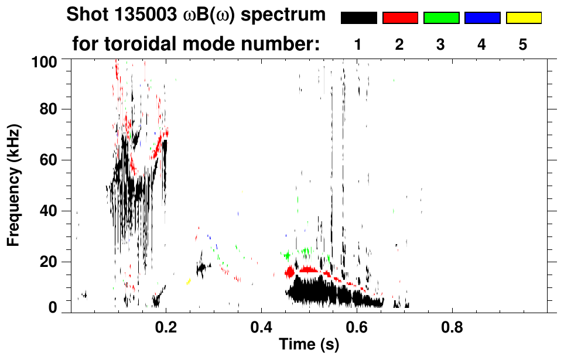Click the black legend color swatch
click(358, 18)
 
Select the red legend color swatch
click(400, 18)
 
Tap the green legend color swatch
click(441, 18)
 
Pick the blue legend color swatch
click(482, 18)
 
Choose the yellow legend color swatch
click(524, 18)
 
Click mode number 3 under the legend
click(440, 44)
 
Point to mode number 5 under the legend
click(523, 44)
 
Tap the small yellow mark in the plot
click(189, 282)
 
